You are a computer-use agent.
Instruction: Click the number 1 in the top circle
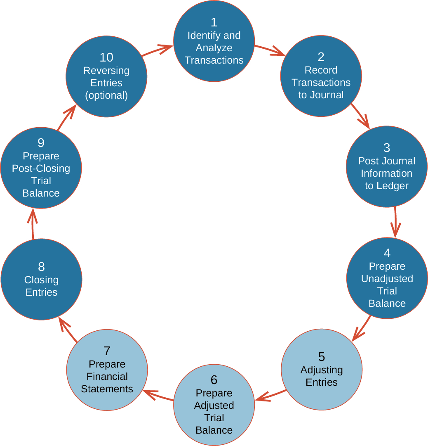(x=214, y=22)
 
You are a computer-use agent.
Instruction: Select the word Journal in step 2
(x=327, y=95)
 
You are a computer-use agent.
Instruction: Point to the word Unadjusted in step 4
(x=387, y=279)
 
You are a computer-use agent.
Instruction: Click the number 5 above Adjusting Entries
(x=322, y=357)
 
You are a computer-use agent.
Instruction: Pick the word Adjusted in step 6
(x=214, y=406)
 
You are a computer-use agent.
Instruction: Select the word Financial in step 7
(x=107, y=377)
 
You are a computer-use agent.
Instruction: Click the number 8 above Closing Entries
(x=41, y=267)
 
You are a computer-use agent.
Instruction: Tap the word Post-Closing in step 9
(x=41, y=168)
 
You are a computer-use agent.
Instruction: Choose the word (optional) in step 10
(x=106, y=95)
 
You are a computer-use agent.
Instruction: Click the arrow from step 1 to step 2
(x=270, y=50)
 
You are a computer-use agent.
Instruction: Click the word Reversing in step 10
(x=106, y=71)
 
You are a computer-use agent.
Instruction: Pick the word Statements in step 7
(x=107, y=389)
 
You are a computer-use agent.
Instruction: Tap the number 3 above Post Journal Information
(x=387, y=148)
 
